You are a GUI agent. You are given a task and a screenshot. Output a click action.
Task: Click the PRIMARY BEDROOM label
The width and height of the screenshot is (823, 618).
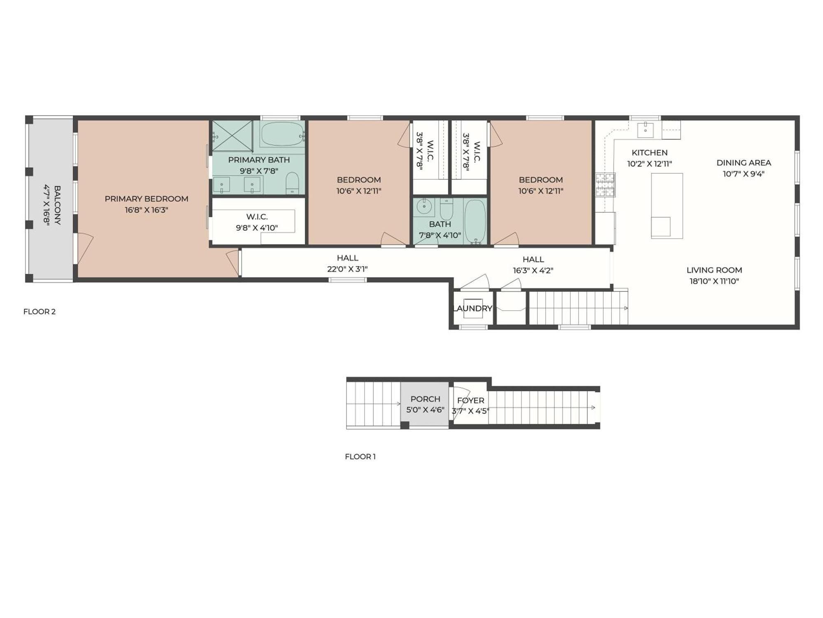click(146, 199)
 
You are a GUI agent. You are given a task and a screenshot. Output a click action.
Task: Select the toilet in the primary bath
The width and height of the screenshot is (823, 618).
click(292, 183)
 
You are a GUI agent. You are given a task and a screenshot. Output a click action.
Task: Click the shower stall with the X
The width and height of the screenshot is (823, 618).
click(232, 136)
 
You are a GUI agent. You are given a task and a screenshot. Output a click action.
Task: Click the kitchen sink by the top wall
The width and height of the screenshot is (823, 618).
click(645, 130)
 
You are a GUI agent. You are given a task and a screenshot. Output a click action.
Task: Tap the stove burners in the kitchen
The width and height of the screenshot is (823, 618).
click(605, 185)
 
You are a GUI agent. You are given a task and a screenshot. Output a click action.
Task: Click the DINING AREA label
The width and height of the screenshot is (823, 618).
click(744, 163)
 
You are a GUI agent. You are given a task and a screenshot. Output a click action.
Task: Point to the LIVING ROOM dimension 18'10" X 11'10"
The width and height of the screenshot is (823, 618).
click(714, 281)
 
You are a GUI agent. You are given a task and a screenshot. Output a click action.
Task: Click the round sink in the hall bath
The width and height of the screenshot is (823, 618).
click(424, 206)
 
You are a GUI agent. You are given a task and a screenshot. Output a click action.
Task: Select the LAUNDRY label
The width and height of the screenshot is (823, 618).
click(472, 308)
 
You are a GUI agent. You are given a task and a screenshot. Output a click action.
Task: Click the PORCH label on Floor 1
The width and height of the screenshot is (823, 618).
click(425, 399)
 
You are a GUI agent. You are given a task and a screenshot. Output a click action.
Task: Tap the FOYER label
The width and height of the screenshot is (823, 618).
click(470, 400)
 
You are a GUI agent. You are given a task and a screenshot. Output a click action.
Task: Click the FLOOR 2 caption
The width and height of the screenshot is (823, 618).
click(40, 311)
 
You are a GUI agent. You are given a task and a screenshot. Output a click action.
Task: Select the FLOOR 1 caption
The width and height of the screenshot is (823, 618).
click(360, 456)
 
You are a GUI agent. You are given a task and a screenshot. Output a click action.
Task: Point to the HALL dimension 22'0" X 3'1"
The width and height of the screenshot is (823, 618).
click(347, 269)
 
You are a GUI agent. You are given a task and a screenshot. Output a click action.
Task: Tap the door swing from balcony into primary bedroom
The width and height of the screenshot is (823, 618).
click(85, 247)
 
